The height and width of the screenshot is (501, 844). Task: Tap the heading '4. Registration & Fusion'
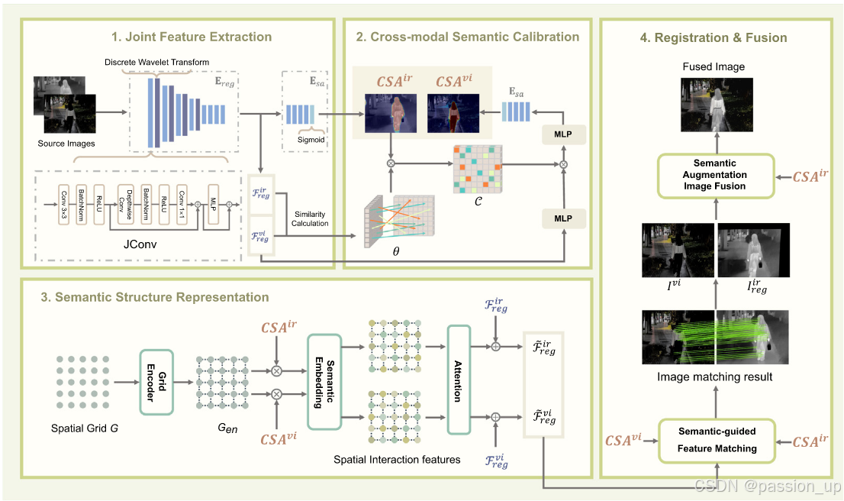point(714,37)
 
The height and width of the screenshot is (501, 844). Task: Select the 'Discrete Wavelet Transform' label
point(158,62)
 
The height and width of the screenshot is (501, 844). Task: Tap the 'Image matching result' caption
point(715,376)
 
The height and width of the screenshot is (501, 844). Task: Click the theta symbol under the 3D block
point(395,249)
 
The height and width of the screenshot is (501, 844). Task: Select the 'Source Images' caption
point(67,144)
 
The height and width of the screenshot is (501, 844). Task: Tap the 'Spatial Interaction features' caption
point(398,459)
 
